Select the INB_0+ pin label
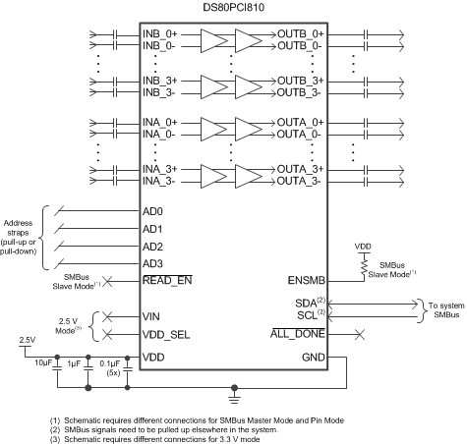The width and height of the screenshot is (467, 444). click(x=160, y=33)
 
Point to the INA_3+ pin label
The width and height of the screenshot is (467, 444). click(x=160, y=168)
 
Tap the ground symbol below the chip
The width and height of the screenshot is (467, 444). click(x=233, y=399)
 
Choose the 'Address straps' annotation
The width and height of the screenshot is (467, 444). click(x=24, y=237)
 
